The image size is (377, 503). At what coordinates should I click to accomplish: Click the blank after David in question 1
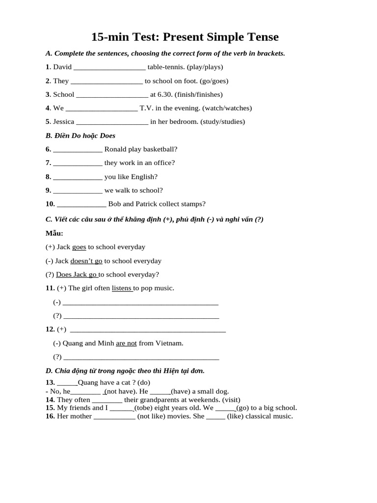click(109, 67)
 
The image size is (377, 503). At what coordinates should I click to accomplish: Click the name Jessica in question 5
click(63, 121)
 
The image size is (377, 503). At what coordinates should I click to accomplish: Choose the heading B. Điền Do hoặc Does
click(81, 136)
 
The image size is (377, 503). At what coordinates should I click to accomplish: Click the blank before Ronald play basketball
click(78, 149)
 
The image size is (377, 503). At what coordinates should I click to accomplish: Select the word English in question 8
click(145, 176)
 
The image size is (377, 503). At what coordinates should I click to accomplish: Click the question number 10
click(50, 204)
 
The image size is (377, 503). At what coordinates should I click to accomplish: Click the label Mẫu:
click(54, 233)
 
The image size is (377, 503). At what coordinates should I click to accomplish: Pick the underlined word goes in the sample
click(79, 247)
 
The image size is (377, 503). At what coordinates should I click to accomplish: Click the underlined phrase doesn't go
click(86, 261)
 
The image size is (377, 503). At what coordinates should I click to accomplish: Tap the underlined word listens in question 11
click(122, 288)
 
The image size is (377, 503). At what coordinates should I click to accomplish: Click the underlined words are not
click(126, 343)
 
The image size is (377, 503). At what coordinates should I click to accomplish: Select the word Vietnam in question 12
click(169, 343)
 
